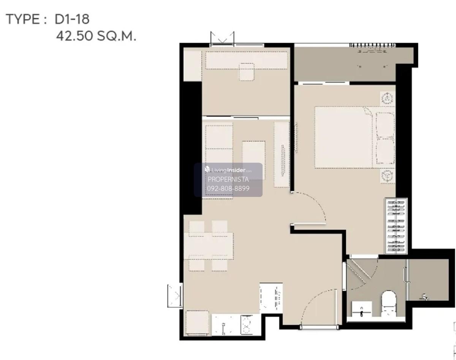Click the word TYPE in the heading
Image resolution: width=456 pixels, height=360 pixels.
(x=23, y=19)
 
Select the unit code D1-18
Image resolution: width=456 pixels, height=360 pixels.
(x=72, y=19)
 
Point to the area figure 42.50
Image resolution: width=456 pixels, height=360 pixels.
(x=74, y=36)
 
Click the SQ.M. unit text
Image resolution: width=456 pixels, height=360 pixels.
(x=117, y=36)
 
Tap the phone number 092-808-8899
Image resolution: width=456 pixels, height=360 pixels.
(x=228, y=188)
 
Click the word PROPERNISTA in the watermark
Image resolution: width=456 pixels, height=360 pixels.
(x=228, y=179)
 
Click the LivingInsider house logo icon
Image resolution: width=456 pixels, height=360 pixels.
(x=207, y=169)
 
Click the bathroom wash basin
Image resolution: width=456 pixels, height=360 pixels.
(x=362, y=309)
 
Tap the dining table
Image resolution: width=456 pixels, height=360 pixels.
(x=209, y=246)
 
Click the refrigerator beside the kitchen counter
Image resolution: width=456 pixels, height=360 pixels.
(x=197, y=323)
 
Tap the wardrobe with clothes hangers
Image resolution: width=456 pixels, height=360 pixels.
(x=396, y=226)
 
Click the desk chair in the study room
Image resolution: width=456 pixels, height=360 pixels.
(x=247, y=72)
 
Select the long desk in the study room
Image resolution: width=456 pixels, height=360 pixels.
(x=247, y=60)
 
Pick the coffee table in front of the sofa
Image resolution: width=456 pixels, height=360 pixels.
(x=253, y=160)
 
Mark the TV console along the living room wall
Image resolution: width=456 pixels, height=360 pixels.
(x=282, y=154)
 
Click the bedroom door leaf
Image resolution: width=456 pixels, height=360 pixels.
(x=308, y=224)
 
